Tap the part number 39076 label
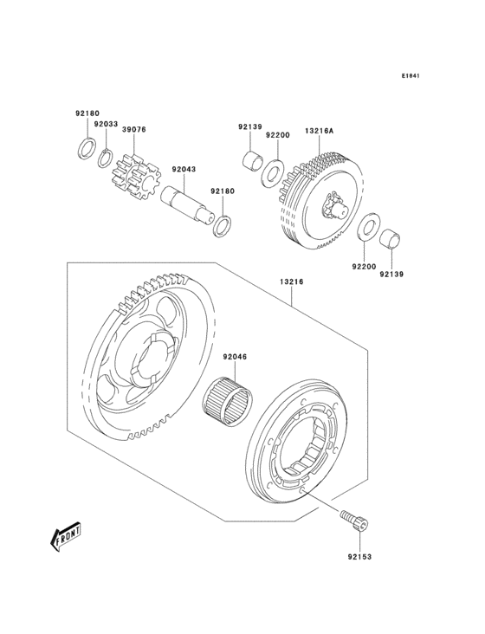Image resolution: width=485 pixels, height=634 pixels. (133, 129)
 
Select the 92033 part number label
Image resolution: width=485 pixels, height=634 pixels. (106, 124)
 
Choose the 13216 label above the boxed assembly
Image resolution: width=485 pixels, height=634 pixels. (291, 281)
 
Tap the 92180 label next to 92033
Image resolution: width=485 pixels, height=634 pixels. (87, 113)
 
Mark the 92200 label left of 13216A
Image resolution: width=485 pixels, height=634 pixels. (277, 136)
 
